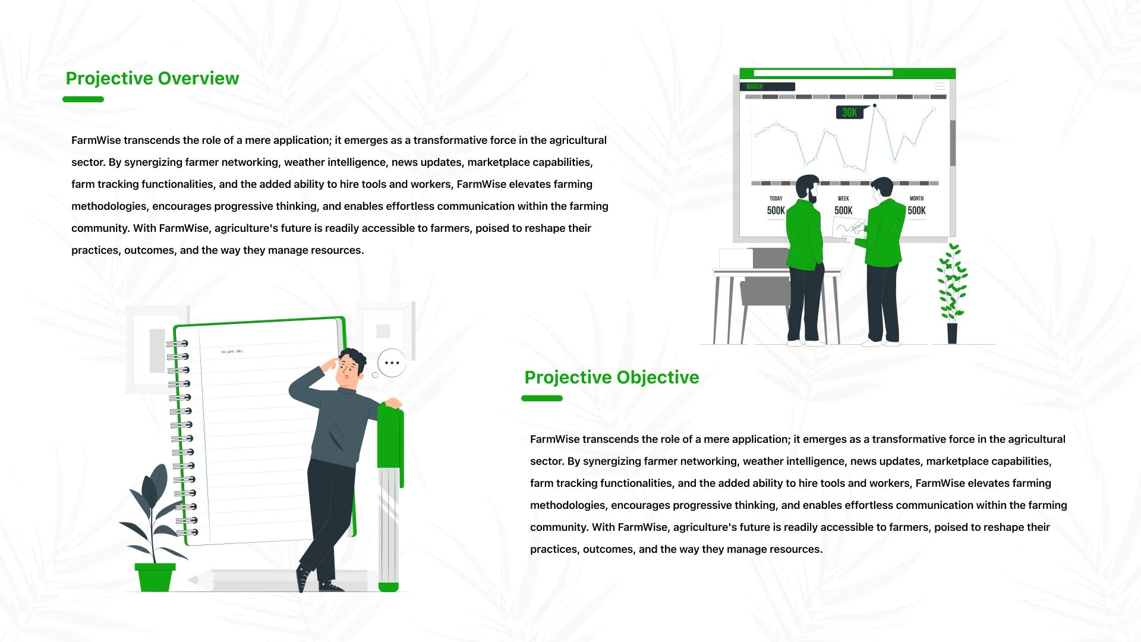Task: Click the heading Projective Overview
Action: (152, 78)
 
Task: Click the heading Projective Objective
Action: (612, 377)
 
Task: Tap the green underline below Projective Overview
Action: (83, 99)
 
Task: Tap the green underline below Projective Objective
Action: (542, 398)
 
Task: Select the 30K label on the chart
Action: (850, 112)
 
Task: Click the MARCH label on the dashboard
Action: (754, 87)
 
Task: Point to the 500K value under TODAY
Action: (776, 210)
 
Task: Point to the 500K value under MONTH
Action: (916, 210)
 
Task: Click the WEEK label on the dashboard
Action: (843, 199)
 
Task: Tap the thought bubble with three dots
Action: (392, 363)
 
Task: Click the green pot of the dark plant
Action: (155, 577)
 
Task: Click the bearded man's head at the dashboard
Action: (808, 187)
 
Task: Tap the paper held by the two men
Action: (848, 228)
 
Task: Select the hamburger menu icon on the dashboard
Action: (940, 87)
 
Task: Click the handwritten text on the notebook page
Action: (232, 352)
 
